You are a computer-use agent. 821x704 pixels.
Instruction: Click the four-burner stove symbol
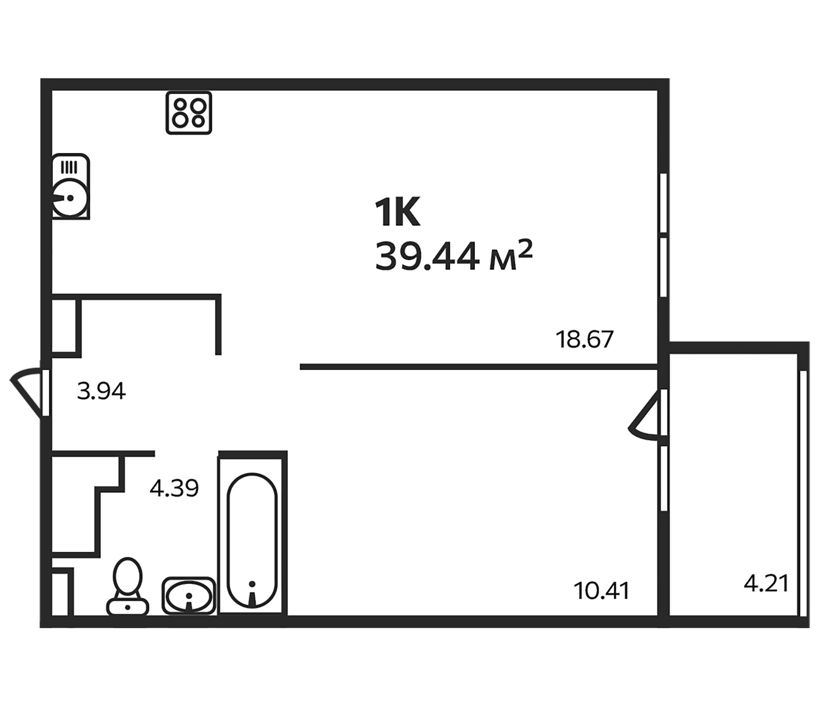(x=188, y=113)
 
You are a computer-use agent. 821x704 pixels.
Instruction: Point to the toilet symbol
(x=127, y=587)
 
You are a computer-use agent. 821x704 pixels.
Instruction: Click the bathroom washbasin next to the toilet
(x=188, y=596)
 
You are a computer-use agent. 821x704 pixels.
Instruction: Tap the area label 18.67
(x=584, y=339)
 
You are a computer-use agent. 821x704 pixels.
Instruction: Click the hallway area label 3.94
(x=101, y=391)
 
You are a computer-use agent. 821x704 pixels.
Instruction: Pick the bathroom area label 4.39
(x=174, y=488)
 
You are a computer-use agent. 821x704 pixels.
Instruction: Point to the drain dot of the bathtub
(x=252, y=584)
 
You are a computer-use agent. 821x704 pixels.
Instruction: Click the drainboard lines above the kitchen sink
(x=68, y=167)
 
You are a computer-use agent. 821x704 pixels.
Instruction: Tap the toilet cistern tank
(x=127, y=607)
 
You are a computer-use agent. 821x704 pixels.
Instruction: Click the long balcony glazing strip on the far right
(x=803, y=499)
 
